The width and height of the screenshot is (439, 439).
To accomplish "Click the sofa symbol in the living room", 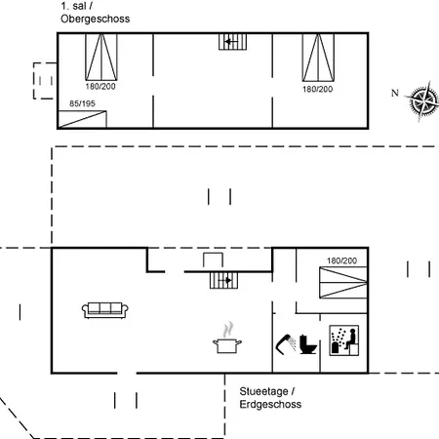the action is click(105, 310).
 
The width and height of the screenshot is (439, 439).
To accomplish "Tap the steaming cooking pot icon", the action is click(227, 339).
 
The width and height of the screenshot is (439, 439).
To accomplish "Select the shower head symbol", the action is click(286, 343).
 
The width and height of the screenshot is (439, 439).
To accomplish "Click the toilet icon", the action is click(307, 344).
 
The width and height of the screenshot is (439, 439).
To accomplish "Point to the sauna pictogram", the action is click(344, 340).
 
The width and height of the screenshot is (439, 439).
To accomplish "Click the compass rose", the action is click(422, 100).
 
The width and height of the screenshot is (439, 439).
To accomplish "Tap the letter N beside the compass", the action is click(395, 93).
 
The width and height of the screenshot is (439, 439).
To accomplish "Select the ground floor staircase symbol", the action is click(224, 280).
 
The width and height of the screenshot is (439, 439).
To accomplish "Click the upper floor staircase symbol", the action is click(232, 42).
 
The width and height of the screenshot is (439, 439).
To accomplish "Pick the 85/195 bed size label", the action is click(82, 103).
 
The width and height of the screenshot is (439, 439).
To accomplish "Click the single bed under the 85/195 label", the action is click(82, 119).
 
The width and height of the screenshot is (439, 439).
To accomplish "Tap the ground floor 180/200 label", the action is click(341, 260).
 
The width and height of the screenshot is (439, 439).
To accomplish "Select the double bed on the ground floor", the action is click(343, 282).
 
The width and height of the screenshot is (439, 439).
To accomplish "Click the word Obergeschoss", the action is click(96, 19).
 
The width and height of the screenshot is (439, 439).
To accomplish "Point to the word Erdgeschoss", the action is click(270, 404).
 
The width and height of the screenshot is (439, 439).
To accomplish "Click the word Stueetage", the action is click(264, 391).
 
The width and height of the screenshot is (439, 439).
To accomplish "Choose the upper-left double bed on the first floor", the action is click(101, 57).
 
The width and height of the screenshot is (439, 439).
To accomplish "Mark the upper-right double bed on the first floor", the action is click(318, 58).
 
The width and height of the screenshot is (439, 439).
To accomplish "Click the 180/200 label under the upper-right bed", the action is click(318, 89).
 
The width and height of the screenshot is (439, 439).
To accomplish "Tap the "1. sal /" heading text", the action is click(76, 6).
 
